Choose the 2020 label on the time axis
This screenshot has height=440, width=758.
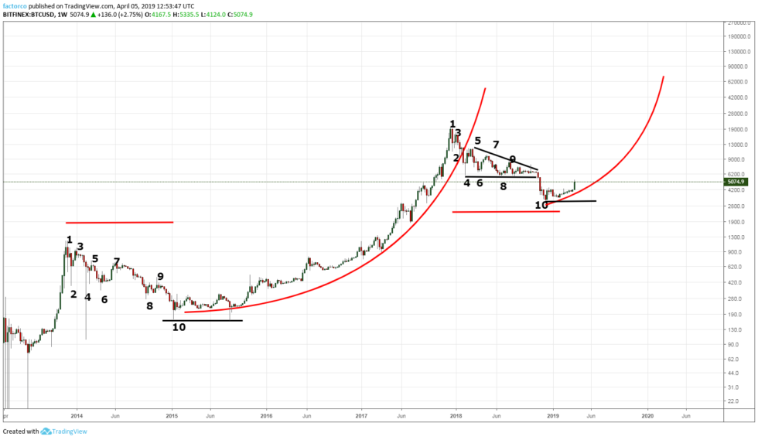648,416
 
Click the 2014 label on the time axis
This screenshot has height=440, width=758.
76,416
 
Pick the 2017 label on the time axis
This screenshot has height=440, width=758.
361,416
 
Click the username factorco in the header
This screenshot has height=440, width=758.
17,5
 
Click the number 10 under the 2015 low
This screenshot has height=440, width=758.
179,327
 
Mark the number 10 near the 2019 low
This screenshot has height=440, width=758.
541,205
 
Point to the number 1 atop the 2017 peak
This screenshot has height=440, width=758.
452,124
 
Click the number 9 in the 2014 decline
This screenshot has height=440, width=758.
160,276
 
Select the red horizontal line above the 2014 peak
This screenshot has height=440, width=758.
119,223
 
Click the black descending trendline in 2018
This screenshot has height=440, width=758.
506,159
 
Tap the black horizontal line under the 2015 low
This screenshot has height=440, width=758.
202,320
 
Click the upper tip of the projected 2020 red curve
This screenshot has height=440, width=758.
663,77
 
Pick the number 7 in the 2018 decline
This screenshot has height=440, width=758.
496,145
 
